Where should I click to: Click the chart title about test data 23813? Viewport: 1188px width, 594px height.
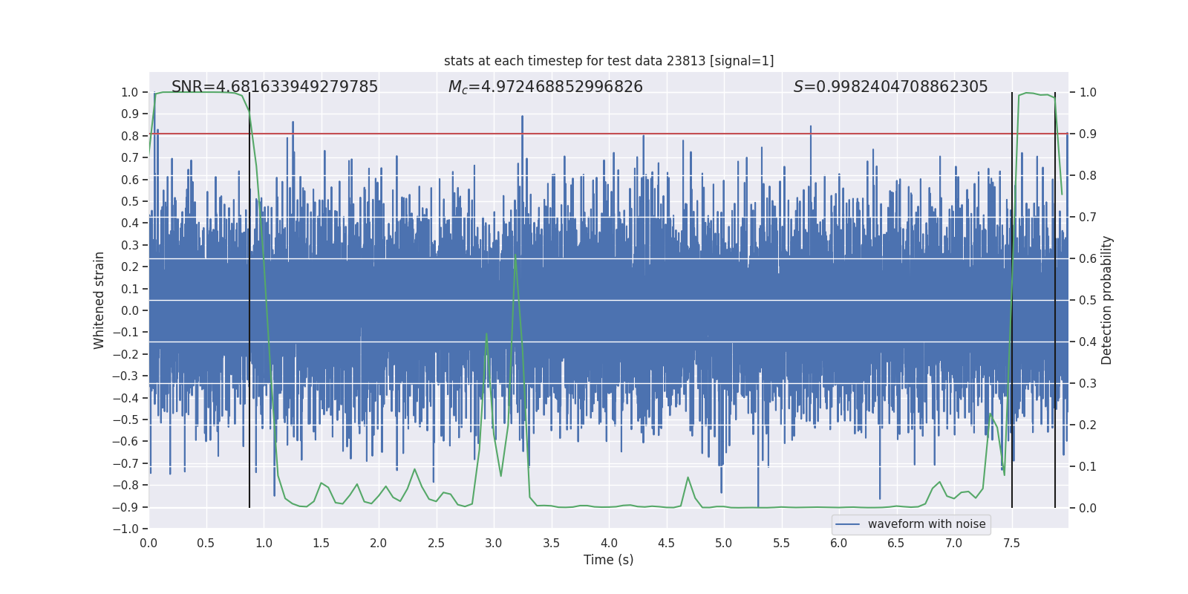pos(609,61)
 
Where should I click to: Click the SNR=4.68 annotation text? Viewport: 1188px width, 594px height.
pos(275,87)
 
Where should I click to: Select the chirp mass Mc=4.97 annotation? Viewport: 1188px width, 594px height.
pos(546,87)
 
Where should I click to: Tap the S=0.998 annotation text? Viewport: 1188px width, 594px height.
pos(890,87)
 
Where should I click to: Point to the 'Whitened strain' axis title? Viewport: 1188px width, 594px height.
pos(99,300)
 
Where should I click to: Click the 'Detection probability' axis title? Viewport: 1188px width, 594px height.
pos(1107,300)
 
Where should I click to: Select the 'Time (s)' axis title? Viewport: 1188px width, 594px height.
pos(609,560)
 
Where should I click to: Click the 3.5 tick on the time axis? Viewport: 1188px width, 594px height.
pos(551,543)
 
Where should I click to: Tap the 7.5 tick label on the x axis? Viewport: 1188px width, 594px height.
pos(1011,543)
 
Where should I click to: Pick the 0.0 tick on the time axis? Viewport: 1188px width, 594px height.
pos(148,543)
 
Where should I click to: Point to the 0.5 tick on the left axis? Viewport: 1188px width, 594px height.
pos(130,201)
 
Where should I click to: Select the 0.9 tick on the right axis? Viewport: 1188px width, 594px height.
pos(1088,134)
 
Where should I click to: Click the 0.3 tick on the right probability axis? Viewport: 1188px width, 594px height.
pos(1088,383)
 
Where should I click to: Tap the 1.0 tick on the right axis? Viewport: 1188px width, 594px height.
pos(1088,92)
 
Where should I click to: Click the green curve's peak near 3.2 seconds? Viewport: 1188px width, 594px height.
pos(515,256)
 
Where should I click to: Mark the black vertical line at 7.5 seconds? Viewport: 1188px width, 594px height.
pos(1012,297)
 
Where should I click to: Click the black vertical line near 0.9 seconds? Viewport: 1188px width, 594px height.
pos(249,297)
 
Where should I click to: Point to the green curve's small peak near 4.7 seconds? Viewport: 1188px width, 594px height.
pos(688,477)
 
